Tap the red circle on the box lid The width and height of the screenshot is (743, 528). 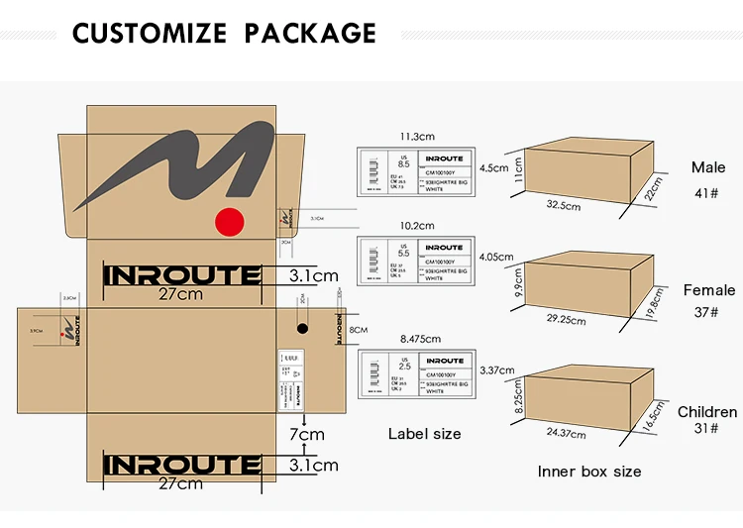[231, 222]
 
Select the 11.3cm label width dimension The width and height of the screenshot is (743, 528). [417, 137]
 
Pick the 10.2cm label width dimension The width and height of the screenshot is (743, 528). [416, 225]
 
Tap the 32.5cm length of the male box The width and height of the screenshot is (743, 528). [564, 206]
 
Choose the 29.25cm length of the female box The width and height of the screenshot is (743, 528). [565, 319]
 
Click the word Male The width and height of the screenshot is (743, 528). [708, 167]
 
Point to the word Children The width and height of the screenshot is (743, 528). [707, 411]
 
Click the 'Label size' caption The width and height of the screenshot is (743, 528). [424, 433]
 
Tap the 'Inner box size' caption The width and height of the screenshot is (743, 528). [589, 472]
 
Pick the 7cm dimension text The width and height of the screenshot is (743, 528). [306, 434]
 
